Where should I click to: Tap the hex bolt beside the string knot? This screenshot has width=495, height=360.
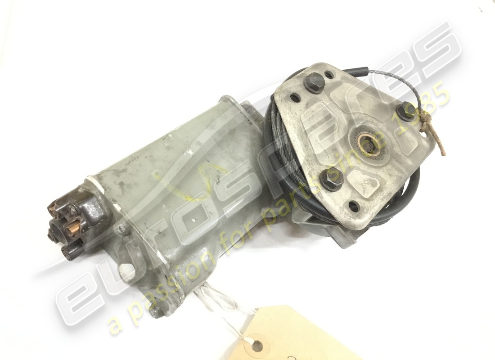click(x=406, y=111)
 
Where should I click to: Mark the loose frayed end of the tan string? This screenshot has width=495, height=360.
click(x=445, y=153)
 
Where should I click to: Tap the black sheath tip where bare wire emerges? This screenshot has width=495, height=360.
click(x=365, y=71)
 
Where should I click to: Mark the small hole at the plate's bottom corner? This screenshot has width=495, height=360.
click(x=354, y=207)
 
